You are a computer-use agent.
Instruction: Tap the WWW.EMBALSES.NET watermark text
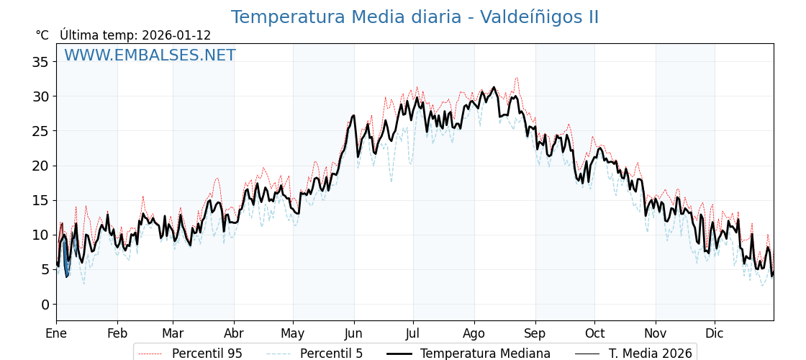(x=150, y=55)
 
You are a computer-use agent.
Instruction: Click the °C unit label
(x=42, y=35)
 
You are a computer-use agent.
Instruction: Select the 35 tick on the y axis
(x=40, y=62)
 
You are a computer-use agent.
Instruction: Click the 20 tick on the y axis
(x=40, y=166)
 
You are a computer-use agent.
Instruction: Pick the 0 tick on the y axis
(x=45, y=304)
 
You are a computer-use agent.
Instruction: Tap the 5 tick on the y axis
(x=45, y=269)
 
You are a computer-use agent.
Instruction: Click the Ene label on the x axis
(x=56, y=333)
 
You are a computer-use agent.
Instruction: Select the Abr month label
(x=234, y=333)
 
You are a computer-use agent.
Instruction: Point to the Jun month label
(x=353, y=333)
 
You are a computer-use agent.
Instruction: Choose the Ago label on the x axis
(x=474, y=333)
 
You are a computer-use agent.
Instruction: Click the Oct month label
(x=594, y=333)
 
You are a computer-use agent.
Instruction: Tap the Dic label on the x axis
(x=715, y=333)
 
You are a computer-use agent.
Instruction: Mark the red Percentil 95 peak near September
(x=516, y=78)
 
